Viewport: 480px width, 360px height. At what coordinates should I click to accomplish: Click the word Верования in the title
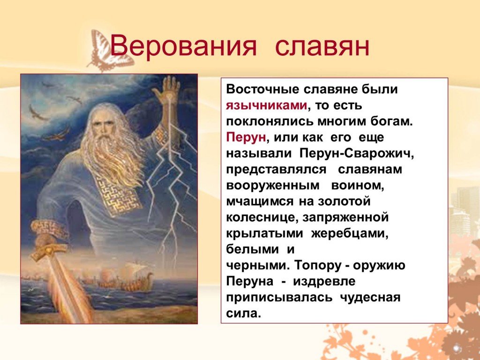[x=183, y=46]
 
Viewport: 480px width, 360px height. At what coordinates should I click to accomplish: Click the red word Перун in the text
[x=246, y=138]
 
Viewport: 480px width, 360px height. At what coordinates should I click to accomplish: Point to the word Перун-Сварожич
[x=357, y=154]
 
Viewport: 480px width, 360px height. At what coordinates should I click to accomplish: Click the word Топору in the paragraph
[x=318, y=266]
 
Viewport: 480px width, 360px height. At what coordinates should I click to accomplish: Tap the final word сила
[x=243, y=313]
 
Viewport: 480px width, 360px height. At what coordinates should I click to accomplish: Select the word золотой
[x=345, y=202]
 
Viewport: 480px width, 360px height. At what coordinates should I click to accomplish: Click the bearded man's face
[x=102, y=124]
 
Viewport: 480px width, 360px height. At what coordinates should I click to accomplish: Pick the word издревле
[x=324, y=282]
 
